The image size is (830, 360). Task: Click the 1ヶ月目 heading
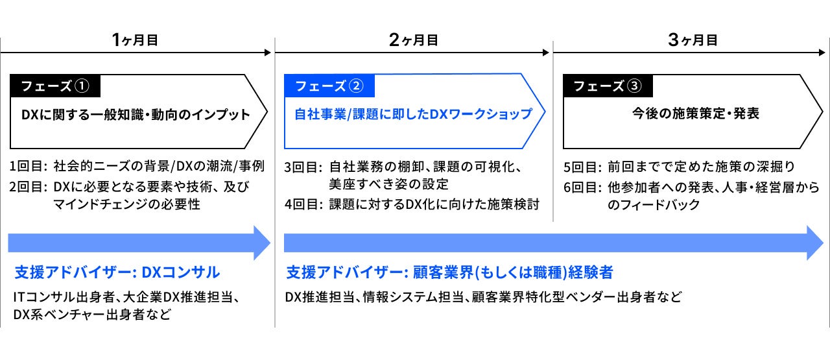coord(135,40)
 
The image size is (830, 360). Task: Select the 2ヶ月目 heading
coord(413,40)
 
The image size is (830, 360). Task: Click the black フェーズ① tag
coord(55,86)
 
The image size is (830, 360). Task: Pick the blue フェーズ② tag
coord(329,86)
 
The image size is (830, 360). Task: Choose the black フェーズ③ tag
coord(608,86)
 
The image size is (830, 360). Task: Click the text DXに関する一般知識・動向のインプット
coord(136,115)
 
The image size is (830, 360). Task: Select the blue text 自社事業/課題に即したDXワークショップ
coord(413,114)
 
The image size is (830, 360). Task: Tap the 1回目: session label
coord(29,166)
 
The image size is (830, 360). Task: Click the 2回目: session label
coord(29,187)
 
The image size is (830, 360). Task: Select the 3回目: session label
coord(303,166)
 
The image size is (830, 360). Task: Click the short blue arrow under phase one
coord(138,243)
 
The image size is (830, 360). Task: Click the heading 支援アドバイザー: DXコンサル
coord(117,271)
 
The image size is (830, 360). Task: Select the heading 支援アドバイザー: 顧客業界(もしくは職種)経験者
coord(449,271)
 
